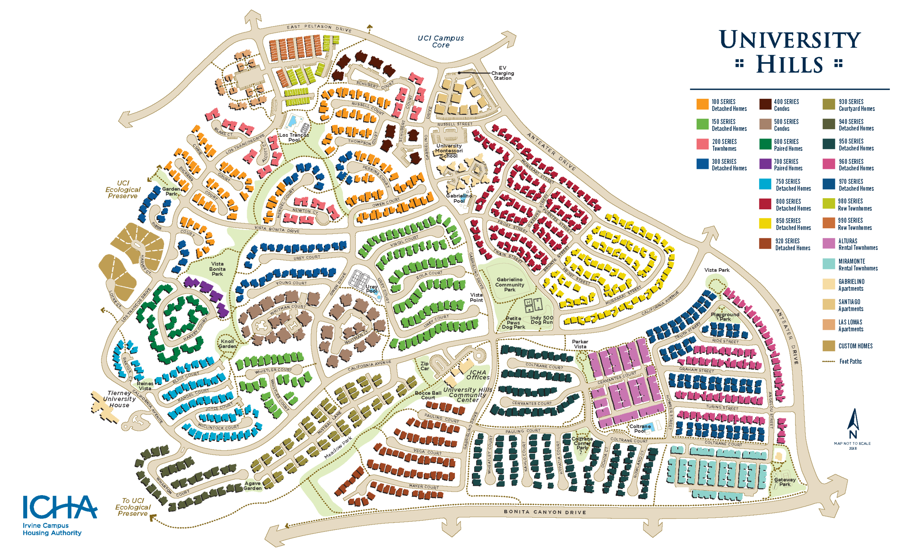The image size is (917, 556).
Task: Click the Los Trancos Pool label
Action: (294, 137)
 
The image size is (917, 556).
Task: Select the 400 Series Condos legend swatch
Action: (765, 105)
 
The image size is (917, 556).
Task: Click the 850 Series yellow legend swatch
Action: (765, 224)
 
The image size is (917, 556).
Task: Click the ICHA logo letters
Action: (59, 507)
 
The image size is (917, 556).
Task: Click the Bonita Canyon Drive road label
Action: (545, 512)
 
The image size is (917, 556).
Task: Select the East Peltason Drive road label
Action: (319, 28)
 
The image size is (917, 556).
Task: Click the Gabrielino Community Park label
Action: (509, 285)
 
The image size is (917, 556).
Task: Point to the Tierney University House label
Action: (119, 399)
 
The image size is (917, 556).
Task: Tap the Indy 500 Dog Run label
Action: (542, 320)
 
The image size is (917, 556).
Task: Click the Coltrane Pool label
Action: (640, 429)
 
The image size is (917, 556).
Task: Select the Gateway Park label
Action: (785, 482)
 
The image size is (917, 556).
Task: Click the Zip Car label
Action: (424, 366)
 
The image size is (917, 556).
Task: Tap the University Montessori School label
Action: (449, 151)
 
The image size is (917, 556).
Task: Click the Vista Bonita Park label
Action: (217, 269)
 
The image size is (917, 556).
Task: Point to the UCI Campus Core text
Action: (441, 42)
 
